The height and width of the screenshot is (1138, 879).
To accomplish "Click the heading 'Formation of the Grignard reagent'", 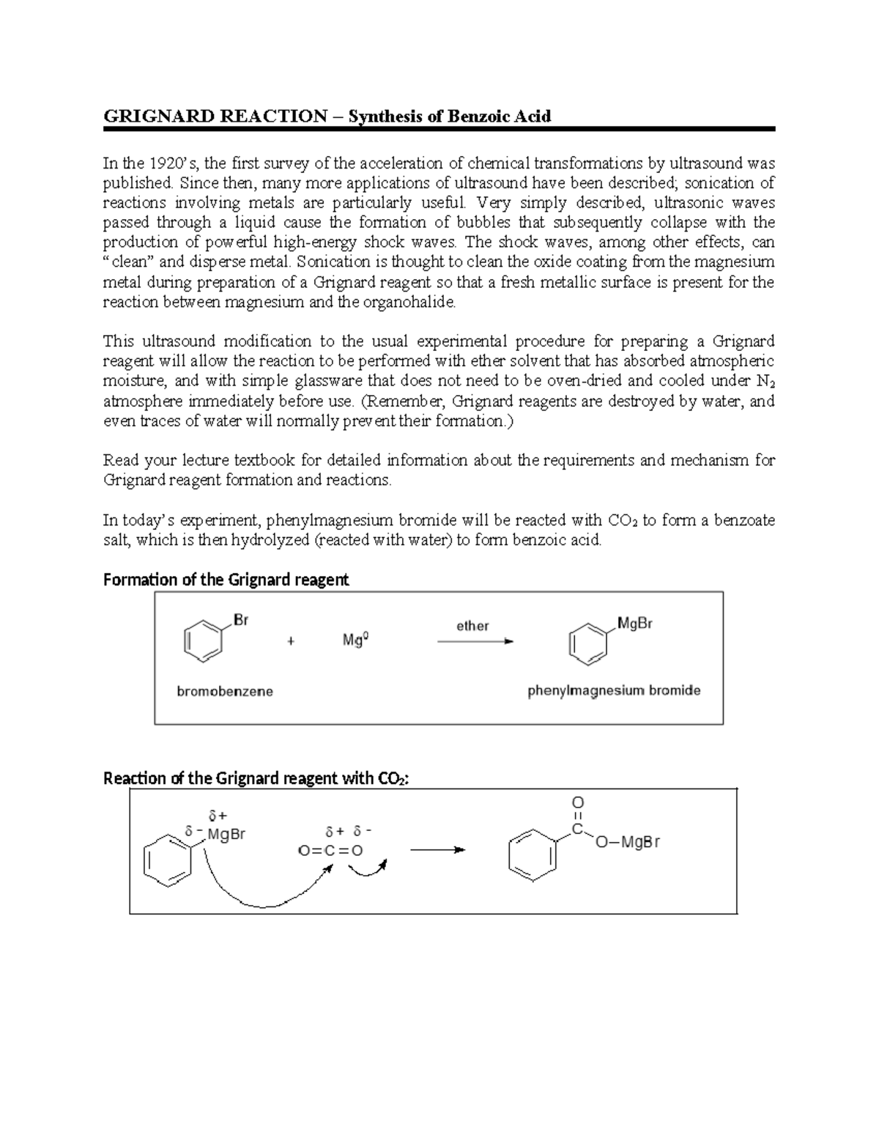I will [226, 580].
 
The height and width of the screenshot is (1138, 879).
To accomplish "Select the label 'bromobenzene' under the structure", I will [225, 691].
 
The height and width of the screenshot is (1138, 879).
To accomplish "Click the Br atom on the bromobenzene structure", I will [240, 620].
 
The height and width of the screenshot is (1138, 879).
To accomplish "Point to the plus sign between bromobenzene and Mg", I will [291, 640].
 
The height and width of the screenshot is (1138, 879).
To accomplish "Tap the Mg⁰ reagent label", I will [355, 640].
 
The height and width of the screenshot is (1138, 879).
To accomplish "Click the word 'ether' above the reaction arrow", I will [472, 626].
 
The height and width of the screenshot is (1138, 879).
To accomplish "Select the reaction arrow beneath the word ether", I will [475, 641].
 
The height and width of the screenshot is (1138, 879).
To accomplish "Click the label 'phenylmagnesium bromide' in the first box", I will [614, 690].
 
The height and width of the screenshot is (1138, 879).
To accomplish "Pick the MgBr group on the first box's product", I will [634, 624].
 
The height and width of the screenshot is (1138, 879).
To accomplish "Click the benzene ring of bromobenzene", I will [201, 641].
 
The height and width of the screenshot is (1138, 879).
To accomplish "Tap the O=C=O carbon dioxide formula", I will [330, 851].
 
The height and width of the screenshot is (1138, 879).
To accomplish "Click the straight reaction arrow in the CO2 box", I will [437, 850].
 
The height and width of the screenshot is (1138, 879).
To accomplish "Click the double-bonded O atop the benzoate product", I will [577, 802].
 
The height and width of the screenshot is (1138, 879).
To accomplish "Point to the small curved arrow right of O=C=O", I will [368, 868].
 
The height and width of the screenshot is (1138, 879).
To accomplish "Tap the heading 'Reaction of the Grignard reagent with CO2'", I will [256, 778].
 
